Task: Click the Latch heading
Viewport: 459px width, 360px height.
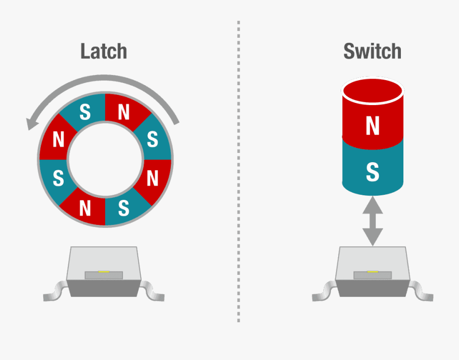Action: tap(104, 52)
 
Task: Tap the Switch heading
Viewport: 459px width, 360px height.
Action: tap(372, 52)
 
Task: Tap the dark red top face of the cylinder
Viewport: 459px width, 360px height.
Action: tap(373, 92)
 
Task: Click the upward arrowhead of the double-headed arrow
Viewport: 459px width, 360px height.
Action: tap(373, 205)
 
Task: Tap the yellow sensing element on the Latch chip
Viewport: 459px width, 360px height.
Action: tap(104, 272)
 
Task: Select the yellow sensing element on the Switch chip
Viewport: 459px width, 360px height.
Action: tap(372, 272)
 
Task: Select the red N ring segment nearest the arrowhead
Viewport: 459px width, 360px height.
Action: tap(59, 139)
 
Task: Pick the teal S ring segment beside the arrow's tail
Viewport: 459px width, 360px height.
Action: tap(151, 139)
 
